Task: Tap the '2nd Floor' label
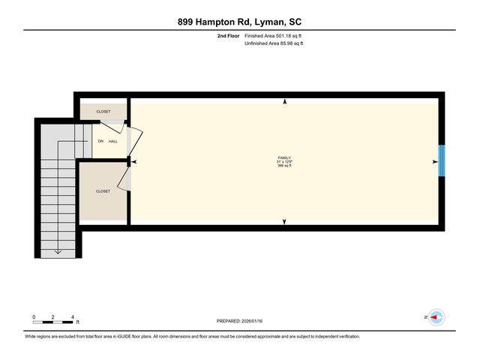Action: click(228, 35)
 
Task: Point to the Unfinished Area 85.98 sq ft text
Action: click(274, 43)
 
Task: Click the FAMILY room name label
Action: click(284, 157)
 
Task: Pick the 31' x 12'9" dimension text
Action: click(284, 162)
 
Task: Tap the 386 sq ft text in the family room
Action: click(284, 166)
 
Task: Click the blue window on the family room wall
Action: click(442, 160)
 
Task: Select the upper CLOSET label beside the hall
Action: click(103, 111)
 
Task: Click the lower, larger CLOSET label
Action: click(103, 191)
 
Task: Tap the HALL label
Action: click(113, 141)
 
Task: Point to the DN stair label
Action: click(100, 141)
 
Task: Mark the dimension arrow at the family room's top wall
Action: click(284, 102)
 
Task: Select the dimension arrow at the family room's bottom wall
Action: click(284, 221)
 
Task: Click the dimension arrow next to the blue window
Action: click(434, 161)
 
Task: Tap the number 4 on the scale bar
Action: click(72, 317)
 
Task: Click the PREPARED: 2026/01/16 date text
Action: click(240, 321)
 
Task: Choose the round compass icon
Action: click(436, 318)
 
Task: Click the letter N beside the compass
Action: click(425, 318)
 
